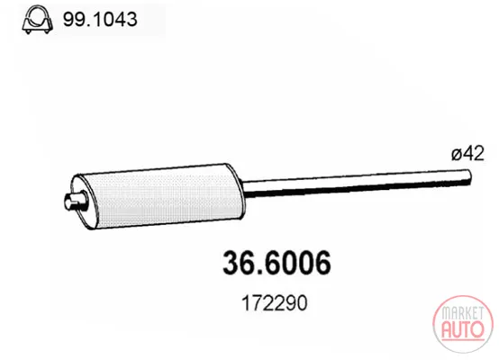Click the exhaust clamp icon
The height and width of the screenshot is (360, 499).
tap(37, 20)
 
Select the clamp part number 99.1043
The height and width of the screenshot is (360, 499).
tap(100, 20)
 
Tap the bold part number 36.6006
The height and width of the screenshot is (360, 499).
tap(277, 263)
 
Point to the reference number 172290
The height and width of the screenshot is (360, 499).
tap(275, 302)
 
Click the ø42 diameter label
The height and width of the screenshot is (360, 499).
tap(467, 153)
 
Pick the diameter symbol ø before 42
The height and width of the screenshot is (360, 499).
tap(457, 154)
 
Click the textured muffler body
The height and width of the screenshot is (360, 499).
tap(162, 197)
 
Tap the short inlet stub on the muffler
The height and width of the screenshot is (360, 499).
tap(76, 201)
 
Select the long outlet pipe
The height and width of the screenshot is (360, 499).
tap(357, 183)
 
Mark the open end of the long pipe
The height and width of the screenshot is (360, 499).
tap(468, 176)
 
